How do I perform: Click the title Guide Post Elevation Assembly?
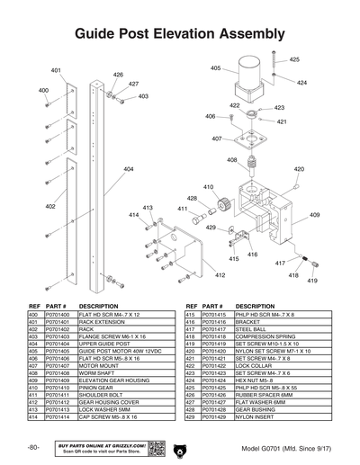pos(180,35)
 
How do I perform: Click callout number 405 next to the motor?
pos(216,68)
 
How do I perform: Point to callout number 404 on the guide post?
pos(129,169)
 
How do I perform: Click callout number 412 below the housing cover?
pos(220,275)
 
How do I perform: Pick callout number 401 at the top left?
pos(56,70)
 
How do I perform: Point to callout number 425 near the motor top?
pos(294,59)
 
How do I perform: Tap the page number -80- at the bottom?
pos(33,447)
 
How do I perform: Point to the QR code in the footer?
pos(155,447)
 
